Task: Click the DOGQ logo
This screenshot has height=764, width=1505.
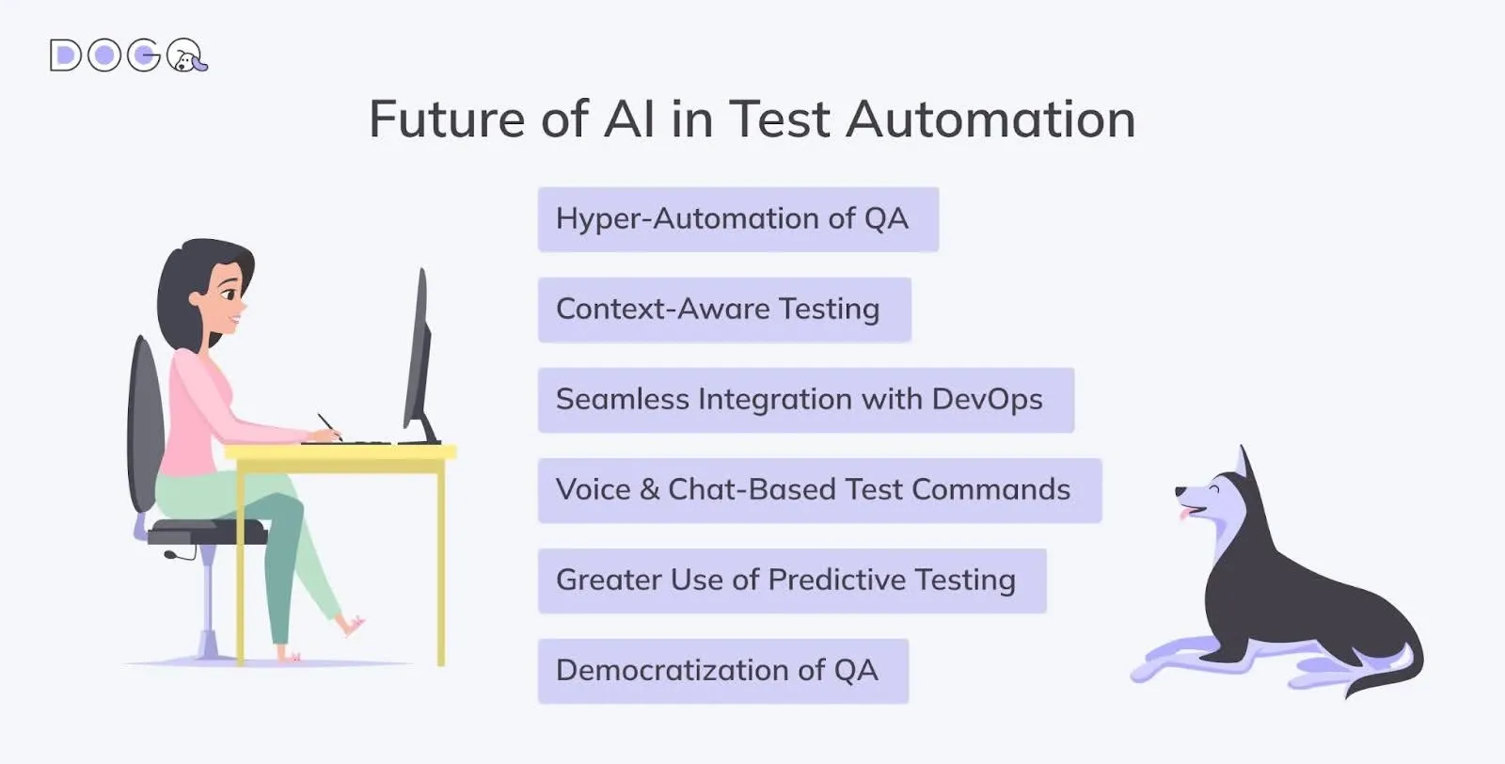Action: (x=128, y=56)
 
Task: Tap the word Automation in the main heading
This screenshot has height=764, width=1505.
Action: (x=990, y=119)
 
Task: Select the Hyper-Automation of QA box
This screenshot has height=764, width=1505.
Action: (x=737, y=219)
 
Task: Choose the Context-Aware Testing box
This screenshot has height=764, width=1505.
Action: (x=723, y=310)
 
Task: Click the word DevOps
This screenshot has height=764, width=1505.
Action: (x=987, y=400)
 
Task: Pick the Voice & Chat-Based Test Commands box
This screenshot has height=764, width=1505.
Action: (x=818, y=490)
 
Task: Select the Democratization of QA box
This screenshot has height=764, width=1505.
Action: (x=722, y=671)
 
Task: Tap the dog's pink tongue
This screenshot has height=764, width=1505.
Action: (x=1183, y=514)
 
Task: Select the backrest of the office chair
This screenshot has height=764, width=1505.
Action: (x=144, y=423)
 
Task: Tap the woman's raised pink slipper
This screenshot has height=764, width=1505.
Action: (x=354, y=624)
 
